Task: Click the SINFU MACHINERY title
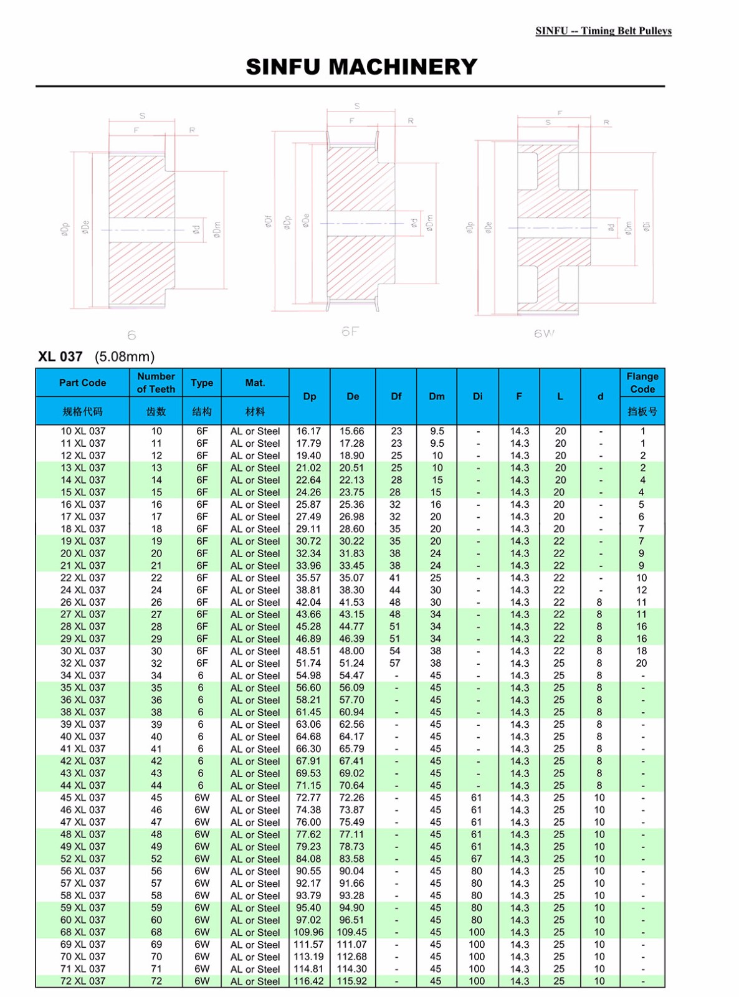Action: point(361,67)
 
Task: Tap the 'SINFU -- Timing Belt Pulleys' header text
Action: point(603,31)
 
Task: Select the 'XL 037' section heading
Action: point(60,356)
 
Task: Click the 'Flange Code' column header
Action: point(642,383)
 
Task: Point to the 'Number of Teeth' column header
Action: point(156,383)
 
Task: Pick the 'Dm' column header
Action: point(436,396)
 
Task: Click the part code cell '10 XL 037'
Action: point(83,431)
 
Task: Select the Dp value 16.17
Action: point(308,431)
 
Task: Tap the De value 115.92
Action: point(352,981)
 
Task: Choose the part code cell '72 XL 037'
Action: point(83,981)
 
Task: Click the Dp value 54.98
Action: point(308,675)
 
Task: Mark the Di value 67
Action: point(477,859)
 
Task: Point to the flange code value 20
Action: point(641,663)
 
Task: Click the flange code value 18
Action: point(641,651)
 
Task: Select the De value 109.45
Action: point(352,932)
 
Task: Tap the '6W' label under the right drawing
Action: point(544,333)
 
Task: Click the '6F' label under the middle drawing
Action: point(350,332)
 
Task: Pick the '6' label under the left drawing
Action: point(131,335)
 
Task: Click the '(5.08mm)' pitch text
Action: point(125,356)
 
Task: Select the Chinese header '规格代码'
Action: point(82,411)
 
